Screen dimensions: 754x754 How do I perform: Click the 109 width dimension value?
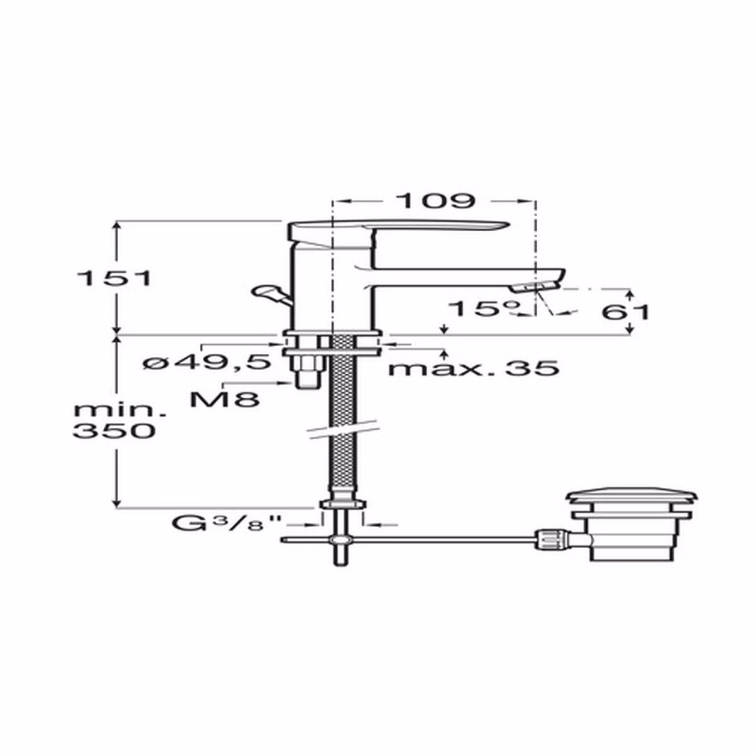[x=435, y=200]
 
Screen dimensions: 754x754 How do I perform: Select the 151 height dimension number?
[x=114, y=278]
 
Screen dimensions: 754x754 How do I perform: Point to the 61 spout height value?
[x=625, y=312]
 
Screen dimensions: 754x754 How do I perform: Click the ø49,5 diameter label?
[x=207, y=362]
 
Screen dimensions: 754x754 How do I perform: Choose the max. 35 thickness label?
[x=473, y=368]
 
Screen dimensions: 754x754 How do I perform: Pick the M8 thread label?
[x=224, y=399]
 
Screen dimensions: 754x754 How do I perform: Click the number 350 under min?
[x=114, y=431]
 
